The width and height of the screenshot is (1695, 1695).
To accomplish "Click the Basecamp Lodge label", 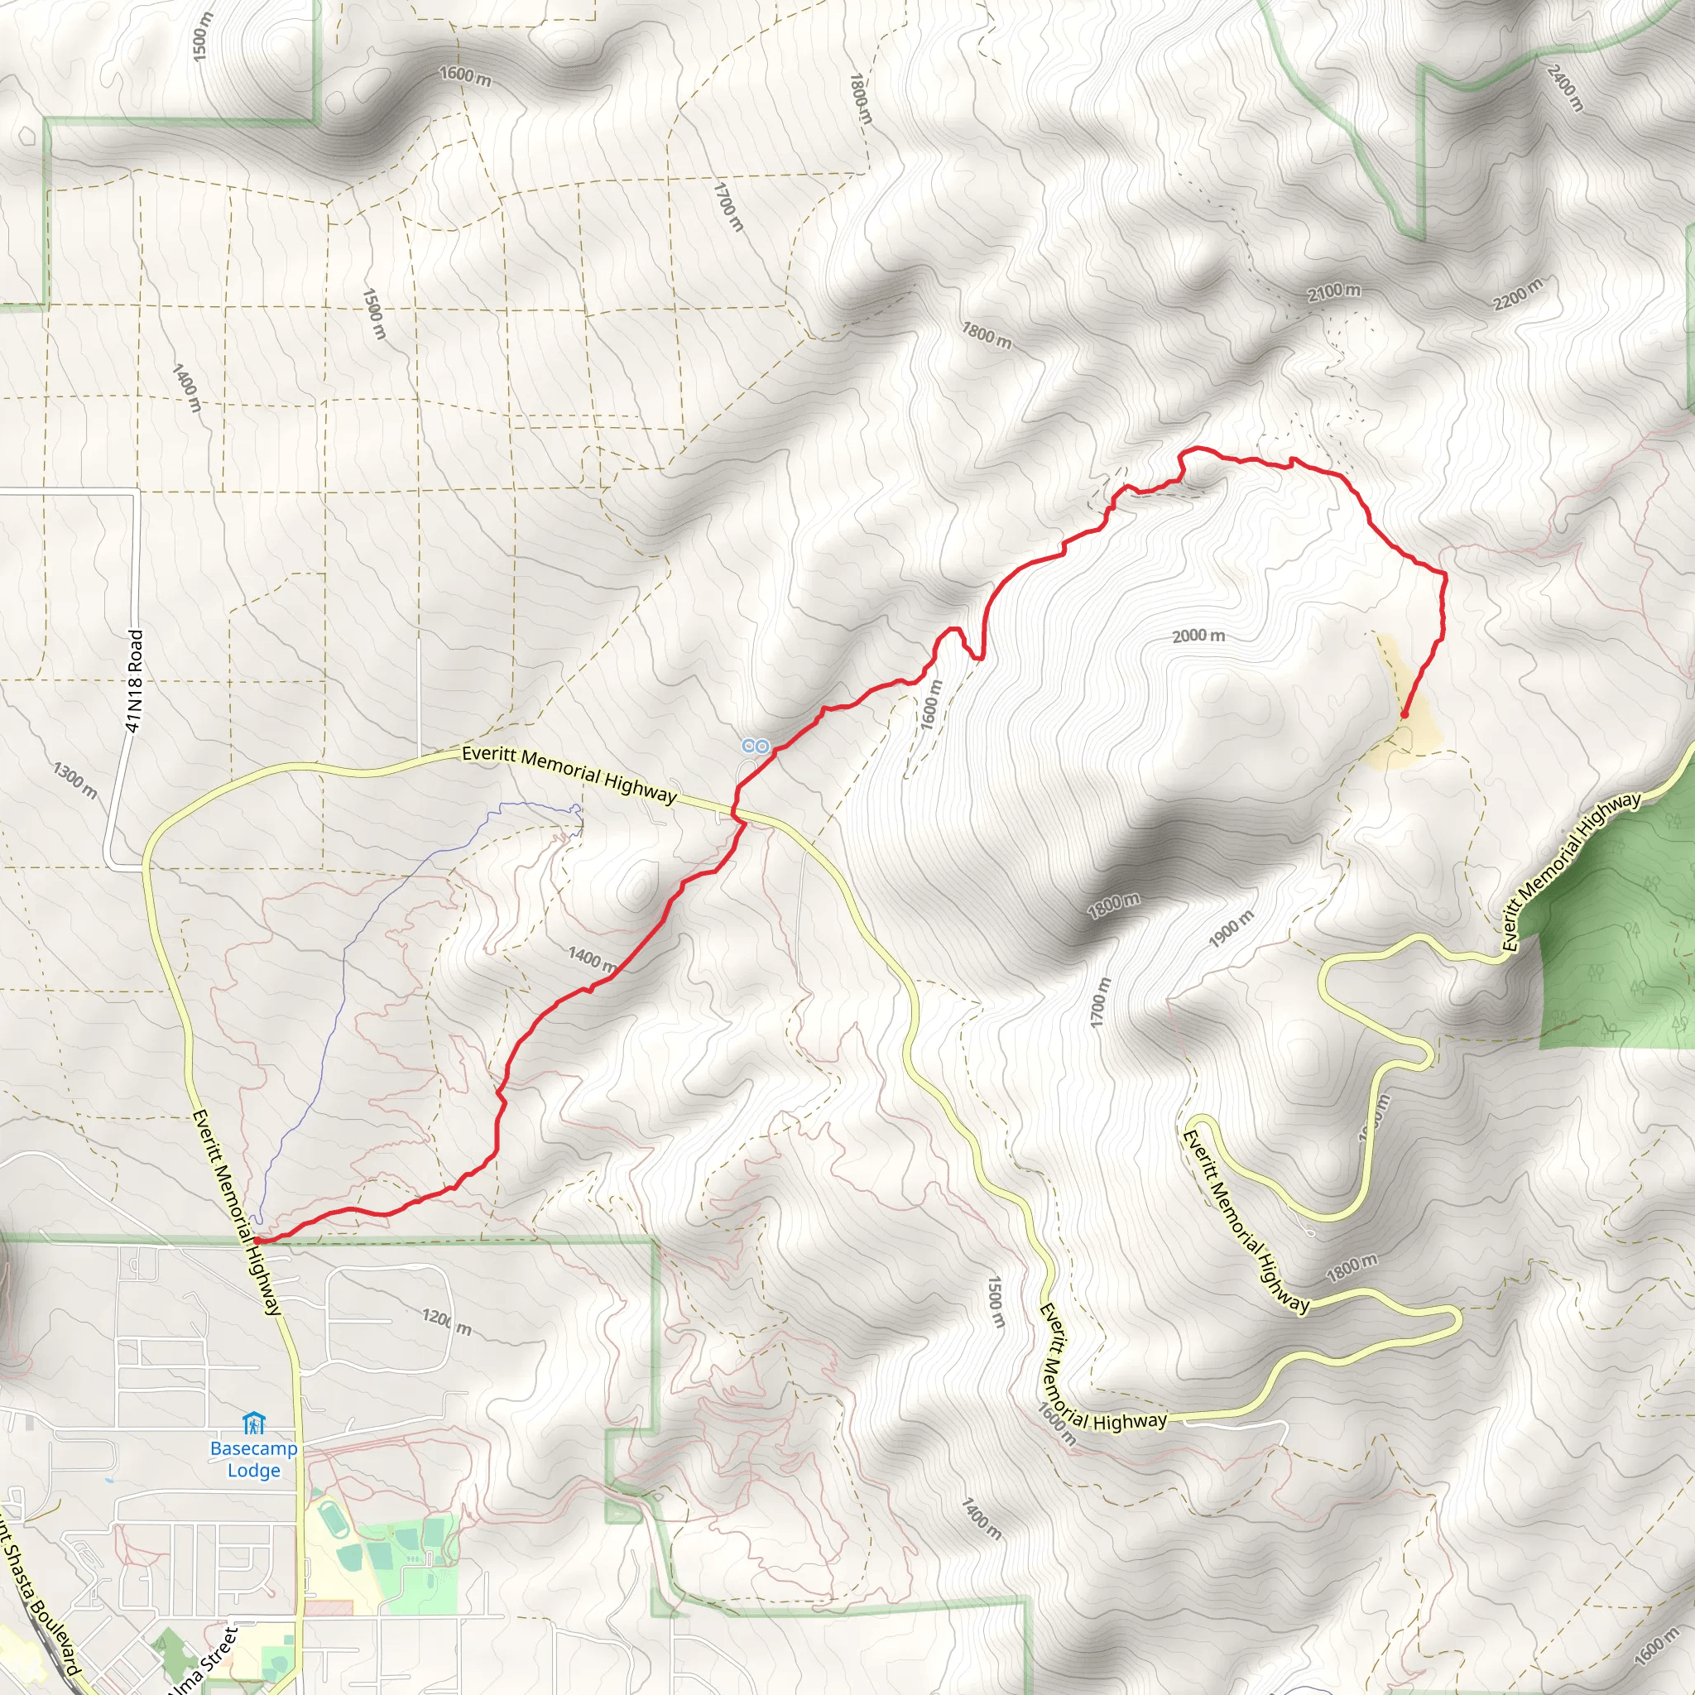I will click(253, 1459).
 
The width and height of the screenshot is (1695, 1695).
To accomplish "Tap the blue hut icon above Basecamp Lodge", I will click(253, 1422).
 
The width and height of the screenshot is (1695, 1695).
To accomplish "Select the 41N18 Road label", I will click(133, 680).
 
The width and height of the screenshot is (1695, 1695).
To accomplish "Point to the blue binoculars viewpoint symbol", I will click(755, 747).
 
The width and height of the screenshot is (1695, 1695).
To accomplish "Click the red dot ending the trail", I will click(1404, 715).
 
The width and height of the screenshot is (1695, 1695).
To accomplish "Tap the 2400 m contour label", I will click(1564, 88).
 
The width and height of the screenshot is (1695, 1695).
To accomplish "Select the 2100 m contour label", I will click(1333, 292).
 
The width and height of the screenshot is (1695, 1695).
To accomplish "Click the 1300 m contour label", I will click(74, 780).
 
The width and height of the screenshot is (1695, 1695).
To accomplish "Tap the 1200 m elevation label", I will click(447, 1322).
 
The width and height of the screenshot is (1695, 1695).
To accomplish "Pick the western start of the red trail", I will click(257, 1241).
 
